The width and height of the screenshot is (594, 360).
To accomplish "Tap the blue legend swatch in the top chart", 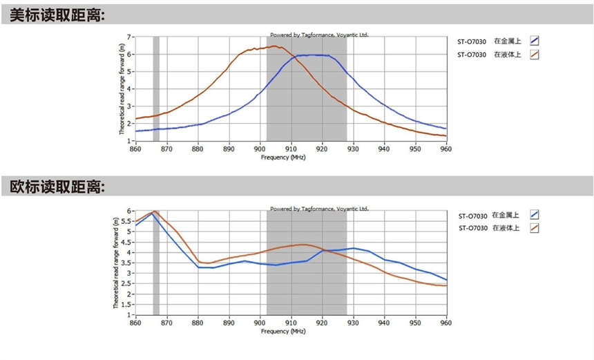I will [x=534, y=41].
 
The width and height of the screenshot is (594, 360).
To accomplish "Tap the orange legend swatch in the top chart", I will [x=534, y=55].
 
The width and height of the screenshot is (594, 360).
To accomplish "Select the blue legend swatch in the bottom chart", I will [x=534, y=214].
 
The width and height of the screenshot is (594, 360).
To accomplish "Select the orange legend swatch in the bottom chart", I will [x=534, y=227].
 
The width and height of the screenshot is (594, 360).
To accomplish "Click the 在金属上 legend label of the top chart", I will [x=506, y=41].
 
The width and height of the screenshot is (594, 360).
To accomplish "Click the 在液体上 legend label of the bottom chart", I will [x=506, y=227].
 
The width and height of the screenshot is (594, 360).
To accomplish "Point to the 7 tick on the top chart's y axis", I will [x=130, y=37].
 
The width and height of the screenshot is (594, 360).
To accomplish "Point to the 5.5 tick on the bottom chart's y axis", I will [x=127, y=221].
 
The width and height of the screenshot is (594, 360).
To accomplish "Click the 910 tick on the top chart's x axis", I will [x=291, y=148].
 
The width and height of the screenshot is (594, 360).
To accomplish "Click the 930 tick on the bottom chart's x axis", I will [x=353, y=322].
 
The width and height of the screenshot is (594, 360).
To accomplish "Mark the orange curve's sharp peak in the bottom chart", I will [x=155, y=211].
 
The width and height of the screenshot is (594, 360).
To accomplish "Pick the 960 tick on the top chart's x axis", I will [x=446, y=148].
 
